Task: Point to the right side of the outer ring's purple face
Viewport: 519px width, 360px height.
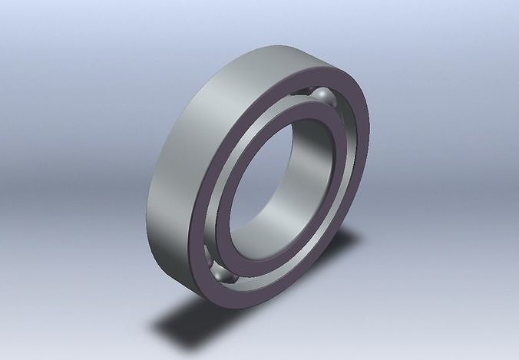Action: click(x=367, y=154)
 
